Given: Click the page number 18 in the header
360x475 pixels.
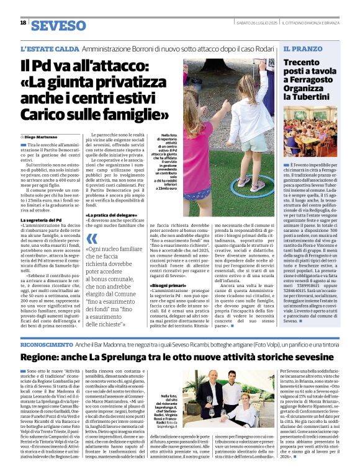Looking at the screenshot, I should pyautogui.click(x=23, y=22).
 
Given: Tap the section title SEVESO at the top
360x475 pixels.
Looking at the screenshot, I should pyautogui.click(x=58, y=25).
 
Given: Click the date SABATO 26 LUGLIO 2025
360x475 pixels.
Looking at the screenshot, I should pyautogui.click(x=256, y=23).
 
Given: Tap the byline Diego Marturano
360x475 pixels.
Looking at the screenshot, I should pyautogui.click(x=43, y=136).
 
